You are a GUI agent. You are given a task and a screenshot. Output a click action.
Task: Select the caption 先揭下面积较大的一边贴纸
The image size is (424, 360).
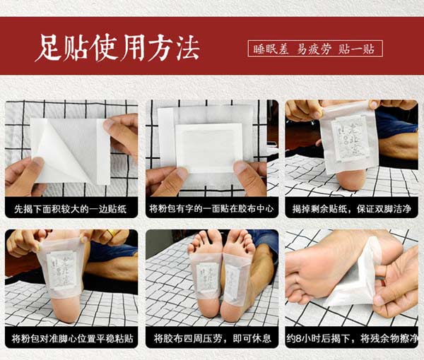click(x=71, y=210)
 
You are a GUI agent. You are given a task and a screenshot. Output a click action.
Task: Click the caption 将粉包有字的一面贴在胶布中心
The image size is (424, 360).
click(x=211, y=210)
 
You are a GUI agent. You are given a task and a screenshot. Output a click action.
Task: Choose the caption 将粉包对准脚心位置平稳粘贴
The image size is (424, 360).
click(x=71, y=338)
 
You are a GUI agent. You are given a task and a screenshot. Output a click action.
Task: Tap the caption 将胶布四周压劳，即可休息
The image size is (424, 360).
click(x=211, y=338)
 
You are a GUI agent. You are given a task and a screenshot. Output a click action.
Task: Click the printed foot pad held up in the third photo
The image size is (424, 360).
click(x=348, y=138)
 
